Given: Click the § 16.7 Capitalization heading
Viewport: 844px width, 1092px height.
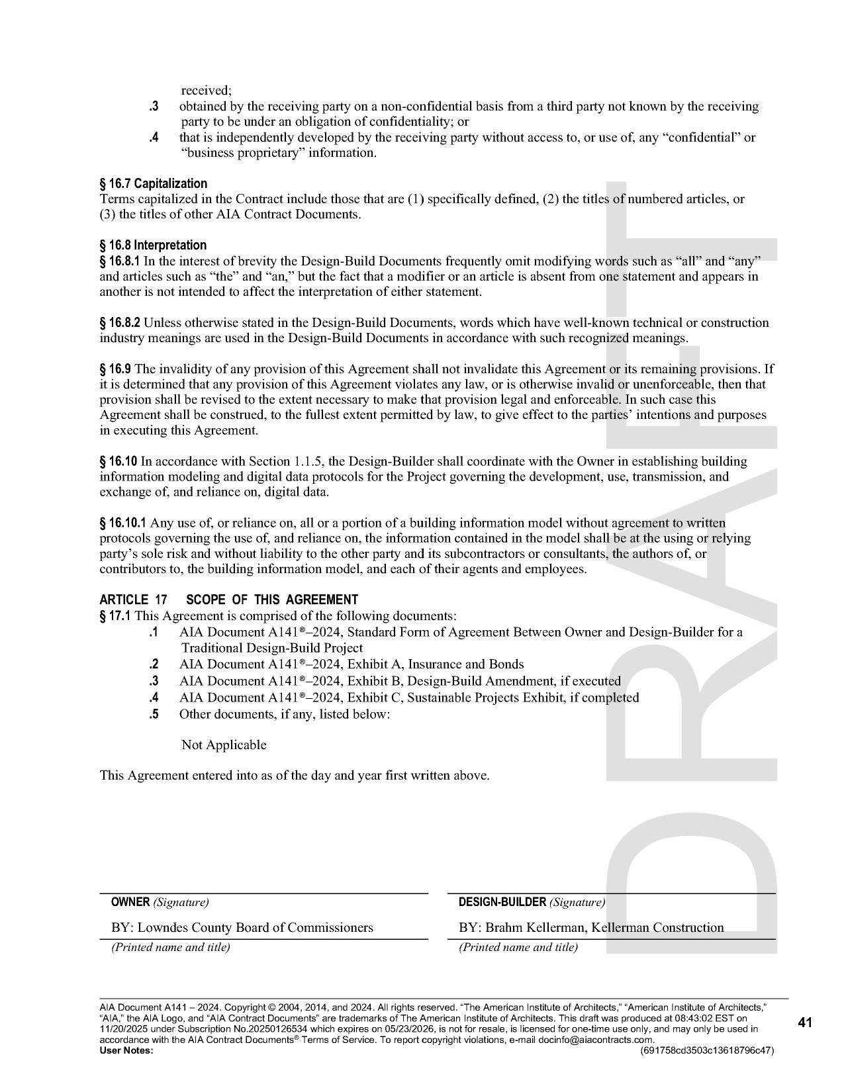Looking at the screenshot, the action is pyautogui.click(x=153, y=183).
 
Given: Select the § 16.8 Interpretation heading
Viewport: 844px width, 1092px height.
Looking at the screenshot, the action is pyautogui.click(x=153, y=245).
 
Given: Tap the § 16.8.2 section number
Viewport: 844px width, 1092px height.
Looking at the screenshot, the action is pyautogui.click(x=120, y=322).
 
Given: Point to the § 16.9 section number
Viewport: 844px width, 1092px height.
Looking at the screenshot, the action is pyautogui.click(x=115, y=369).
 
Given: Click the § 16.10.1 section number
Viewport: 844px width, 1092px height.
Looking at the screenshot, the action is pyautogui.click(x=122, y=523).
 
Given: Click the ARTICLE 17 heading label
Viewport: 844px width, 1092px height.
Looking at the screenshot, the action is pyautogui.click(x=133, y=600).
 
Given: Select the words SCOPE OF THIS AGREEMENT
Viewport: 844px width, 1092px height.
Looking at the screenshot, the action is pyautogui.click(x=272, y=600).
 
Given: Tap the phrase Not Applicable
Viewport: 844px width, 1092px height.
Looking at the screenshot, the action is pyautogui.click(x=224, y=745).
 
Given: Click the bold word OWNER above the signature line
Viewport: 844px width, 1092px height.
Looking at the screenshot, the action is pyautogui.click(x=130, y=902).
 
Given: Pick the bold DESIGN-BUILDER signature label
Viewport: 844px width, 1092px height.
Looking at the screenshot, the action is pyautogui.click(x=502, y=902).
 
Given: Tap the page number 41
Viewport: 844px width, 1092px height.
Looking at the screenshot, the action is pyautogui.click(x=805, y=1023).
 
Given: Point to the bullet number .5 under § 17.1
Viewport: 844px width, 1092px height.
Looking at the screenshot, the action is pyautogui.click(x=154, y=713).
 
